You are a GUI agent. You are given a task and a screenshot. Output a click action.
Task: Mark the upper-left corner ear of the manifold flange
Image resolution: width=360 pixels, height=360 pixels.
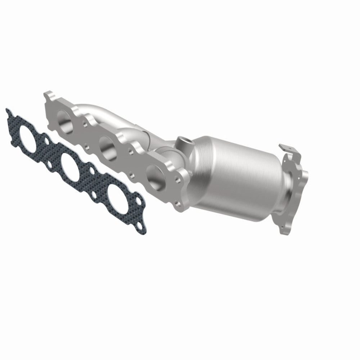[x=47, y=97]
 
